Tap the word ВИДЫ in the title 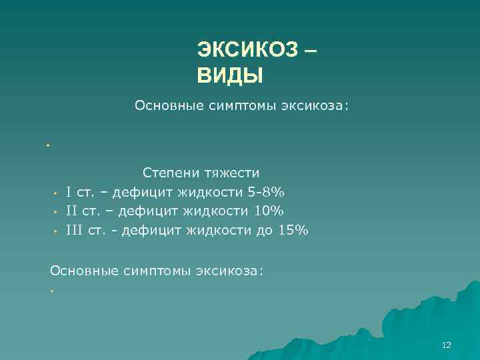(x=230, y=75)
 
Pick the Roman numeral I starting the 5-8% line (x=69, y=193)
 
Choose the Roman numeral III (x=74, y=231)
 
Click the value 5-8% (x=265, y=193)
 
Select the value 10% (x=268, y=211)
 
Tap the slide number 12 (x=446, y=345)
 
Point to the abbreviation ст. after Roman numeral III (x=96, y=231)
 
